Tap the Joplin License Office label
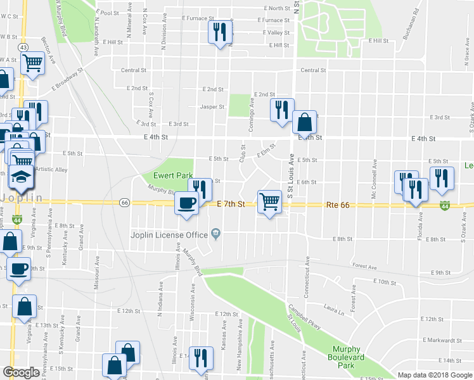tap(169, 234)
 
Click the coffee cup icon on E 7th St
tap(186, 203)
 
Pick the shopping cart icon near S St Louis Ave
tap(269, 201)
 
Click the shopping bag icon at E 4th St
tap(304, 121)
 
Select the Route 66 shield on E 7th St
tap(124, 203)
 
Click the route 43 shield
tap(23, 47)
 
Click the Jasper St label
tap(212, 106)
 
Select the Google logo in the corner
tap(21, 372)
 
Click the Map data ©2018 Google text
tap(435, 375)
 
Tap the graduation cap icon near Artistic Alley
tap(22, 176)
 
